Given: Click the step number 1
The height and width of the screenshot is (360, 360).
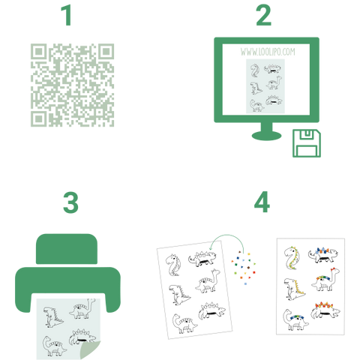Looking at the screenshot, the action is (67, 16).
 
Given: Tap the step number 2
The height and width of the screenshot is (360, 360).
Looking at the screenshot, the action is (263, 16).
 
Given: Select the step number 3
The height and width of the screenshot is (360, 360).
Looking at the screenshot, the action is (70, 202).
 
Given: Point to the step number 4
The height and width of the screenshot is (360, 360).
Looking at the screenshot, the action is (262, 202).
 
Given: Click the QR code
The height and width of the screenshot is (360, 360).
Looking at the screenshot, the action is (72, 85).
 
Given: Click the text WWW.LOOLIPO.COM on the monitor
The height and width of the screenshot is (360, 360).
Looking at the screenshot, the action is (268, 52).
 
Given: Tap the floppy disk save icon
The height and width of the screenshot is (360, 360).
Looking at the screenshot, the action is (307, 143).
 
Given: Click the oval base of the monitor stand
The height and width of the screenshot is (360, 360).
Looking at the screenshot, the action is (266, 136).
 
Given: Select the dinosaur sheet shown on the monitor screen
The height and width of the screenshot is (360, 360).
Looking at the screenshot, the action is (265, 86).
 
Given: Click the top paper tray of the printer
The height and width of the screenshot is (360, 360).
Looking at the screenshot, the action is (67, 249).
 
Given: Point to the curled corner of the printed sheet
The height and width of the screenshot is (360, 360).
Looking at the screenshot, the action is (89, 350).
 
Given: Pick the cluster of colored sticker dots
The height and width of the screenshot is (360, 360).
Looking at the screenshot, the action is (244, 268).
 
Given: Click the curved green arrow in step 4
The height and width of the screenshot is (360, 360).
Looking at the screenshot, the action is (227, 235).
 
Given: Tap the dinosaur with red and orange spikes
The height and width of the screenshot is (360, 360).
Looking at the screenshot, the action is (325, 310).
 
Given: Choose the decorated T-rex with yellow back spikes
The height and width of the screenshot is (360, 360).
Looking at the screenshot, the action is (295, 289).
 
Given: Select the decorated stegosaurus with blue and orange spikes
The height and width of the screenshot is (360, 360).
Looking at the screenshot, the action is (322, 255).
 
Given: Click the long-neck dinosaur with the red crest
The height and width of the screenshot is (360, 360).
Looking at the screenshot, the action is (325, 280).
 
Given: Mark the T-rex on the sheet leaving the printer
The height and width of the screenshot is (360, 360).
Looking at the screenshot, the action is (53, 317).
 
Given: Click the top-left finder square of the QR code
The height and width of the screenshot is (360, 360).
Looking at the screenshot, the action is (38, 52).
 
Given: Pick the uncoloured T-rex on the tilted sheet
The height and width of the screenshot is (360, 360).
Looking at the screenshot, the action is (179, 295).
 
